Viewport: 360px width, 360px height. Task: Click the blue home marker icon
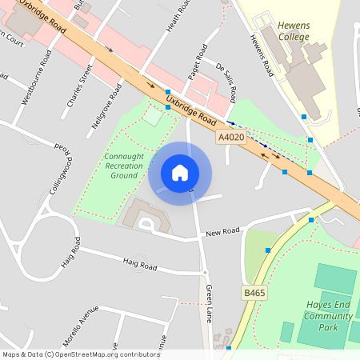[x=180, y=173]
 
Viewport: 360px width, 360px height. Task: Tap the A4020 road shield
[x=230, y=138]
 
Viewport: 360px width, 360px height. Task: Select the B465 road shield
[x=254, y=294]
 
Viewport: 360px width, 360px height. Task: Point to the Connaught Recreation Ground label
[x=124, y=166]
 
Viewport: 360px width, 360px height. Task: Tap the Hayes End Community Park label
[x=328, y=315]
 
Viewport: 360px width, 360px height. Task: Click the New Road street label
[x=222, y=232]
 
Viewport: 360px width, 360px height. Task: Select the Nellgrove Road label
[x=106, y=104]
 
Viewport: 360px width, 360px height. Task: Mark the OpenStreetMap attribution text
[x=80, y=354]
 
